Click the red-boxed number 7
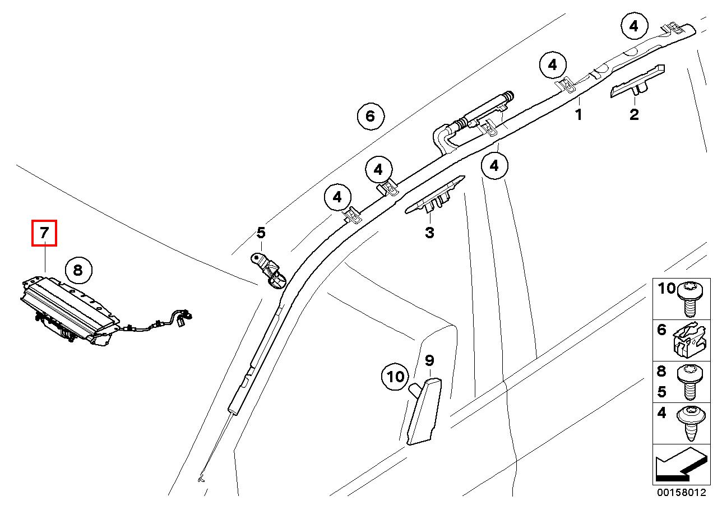tap(44, 233)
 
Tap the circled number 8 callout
tap(78, 270)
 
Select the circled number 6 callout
tap(371, 116)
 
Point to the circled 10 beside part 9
tap(395, 376)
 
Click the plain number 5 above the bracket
tap(261, 233)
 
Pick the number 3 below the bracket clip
tap(429, 232)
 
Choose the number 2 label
tap(634, 114)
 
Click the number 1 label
tap(578, 114)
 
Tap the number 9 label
tap(429, 360)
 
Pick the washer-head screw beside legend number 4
tap(691, 423)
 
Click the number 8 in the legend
tap(661, 372)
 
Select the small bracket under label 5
tap(268, 271)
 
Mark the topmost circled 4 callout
tap(635, 26)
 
